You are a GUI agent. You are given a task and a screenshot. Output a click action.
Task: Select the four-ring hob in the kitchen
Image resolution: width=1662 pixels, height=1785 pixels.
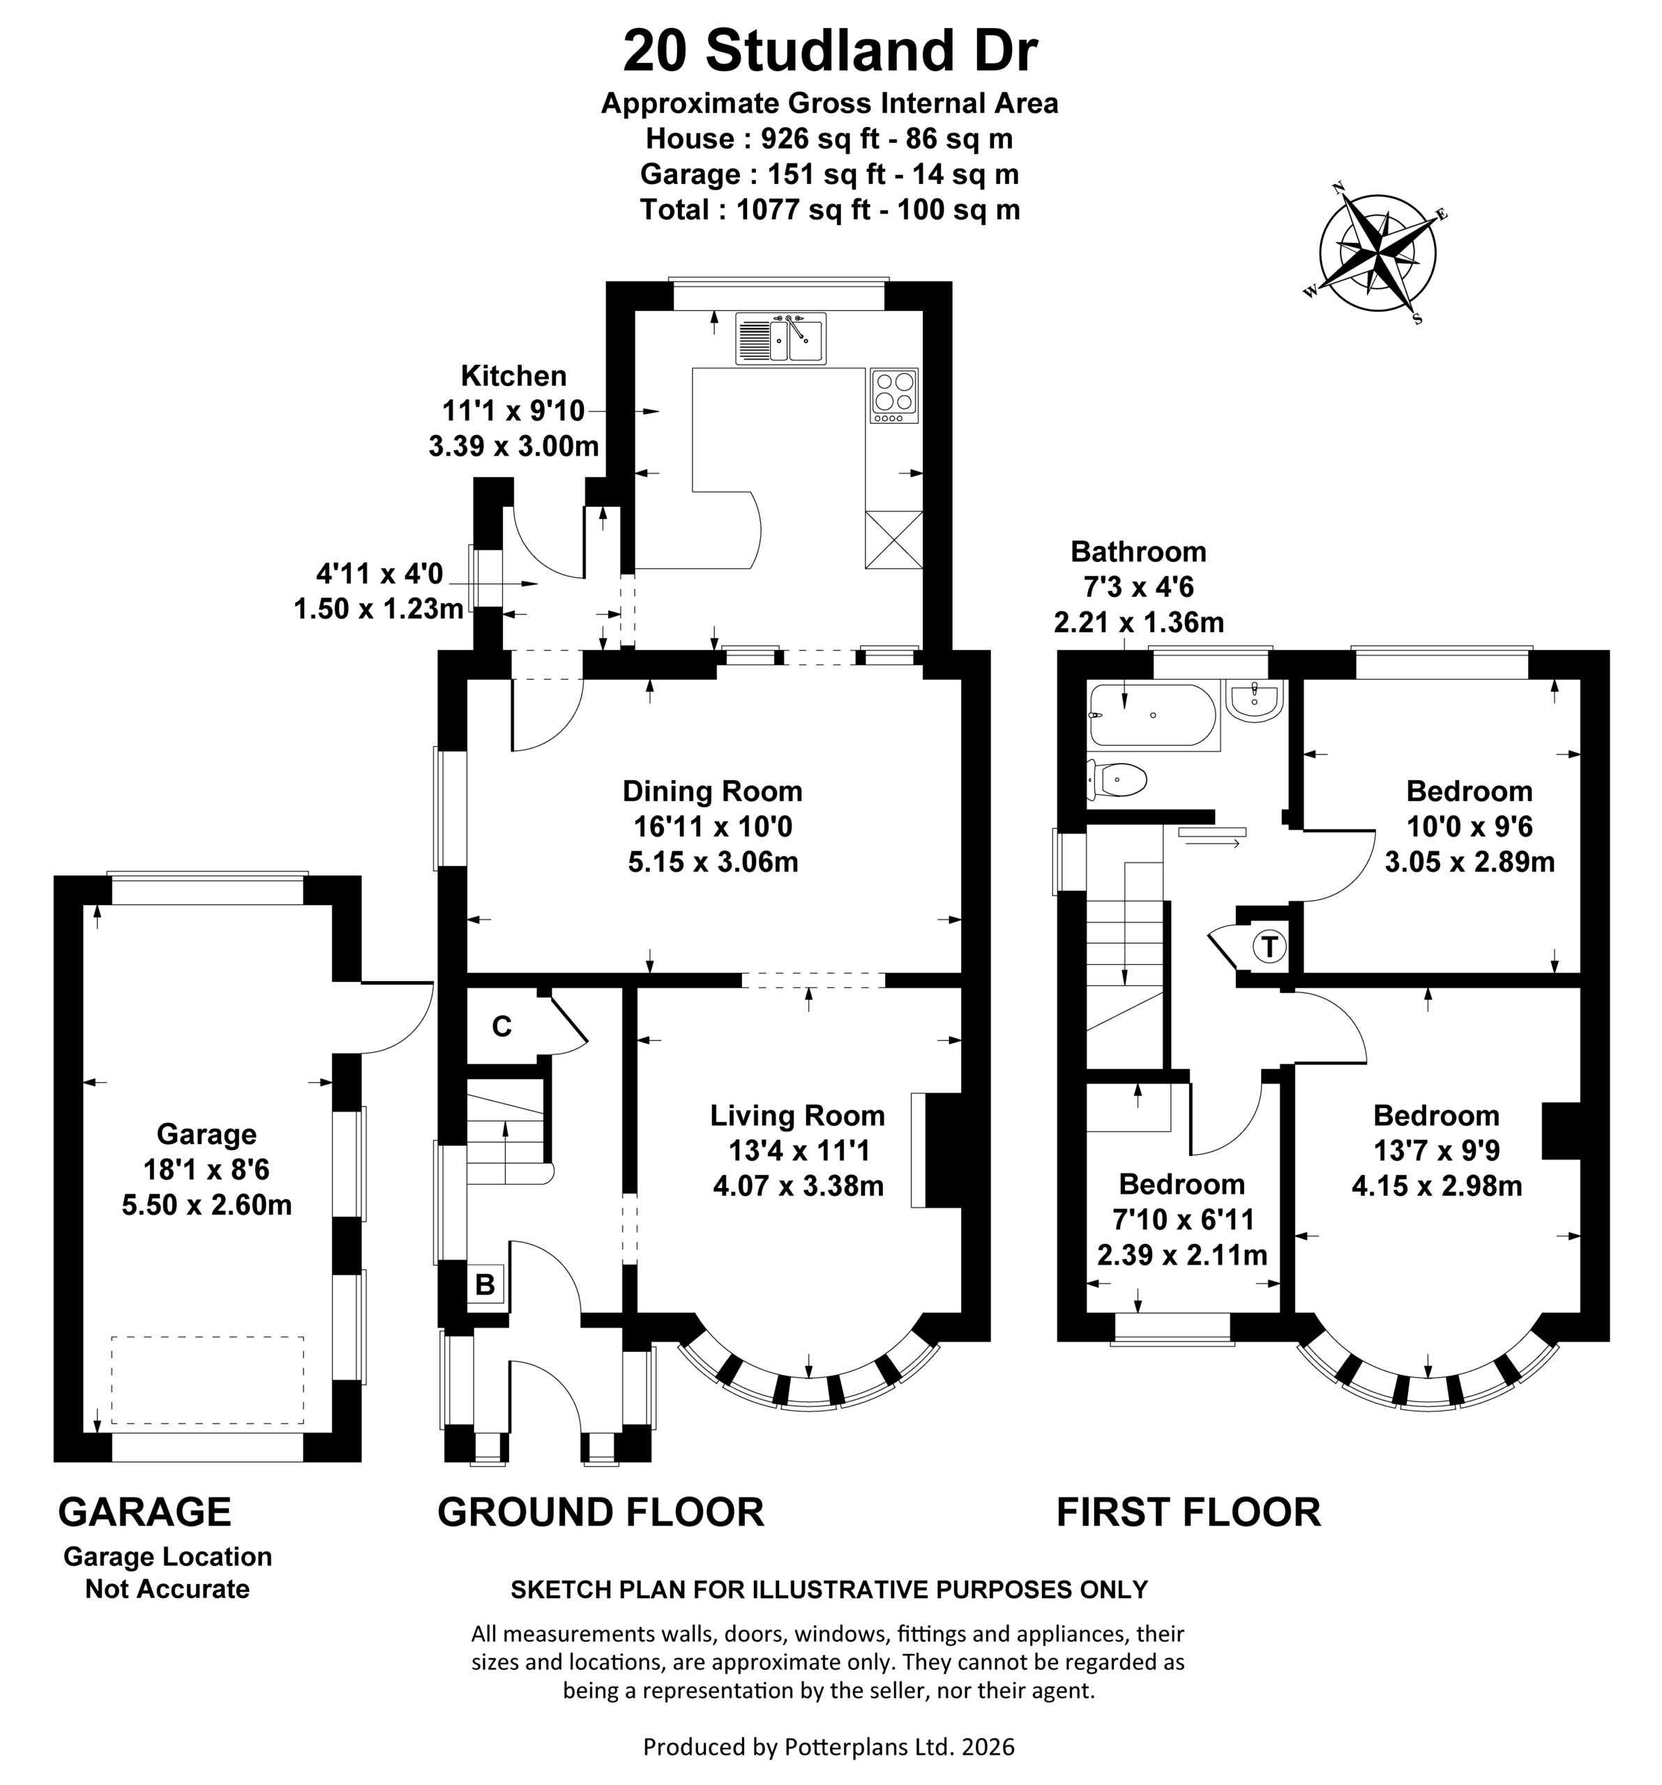pyautogui.click(x=894, y=395)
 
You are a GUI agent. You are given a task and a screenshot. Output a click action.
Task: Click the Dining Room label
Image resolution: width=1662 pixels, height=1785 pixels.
pyautogui.click(x=712, y=791)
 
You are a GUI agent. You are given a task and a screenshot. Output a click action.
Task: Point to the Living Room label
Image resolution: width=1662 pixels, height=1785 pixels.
pyautogui.click(x=797, y=1115)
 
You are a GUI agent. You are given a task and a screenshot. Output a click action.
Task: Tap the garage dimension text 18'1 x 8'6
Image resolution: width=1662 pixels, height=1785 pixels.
pyautogui.click(x=206, y=1169)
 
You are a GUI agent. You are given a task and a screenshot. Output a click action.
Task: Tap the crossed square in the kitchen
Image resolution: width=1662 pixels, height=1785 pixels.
pyautogui.click(x=893, y=540)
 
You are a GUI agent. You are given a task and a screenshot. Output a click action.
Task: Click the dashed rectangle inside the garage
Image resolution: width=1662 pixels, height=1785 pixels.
pyautogui.click(x=207, y=1380)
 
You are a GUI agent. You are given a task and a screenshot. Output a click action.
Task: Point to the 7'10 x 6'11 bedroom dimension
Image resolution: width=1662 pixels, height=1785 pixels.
pyautogui.click(x=1181, y=1220)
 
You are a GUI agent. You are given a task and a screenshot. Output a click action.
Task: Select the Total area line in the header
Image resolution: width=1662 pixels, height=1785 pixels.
pyautogui.click(x=830, y=209)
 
